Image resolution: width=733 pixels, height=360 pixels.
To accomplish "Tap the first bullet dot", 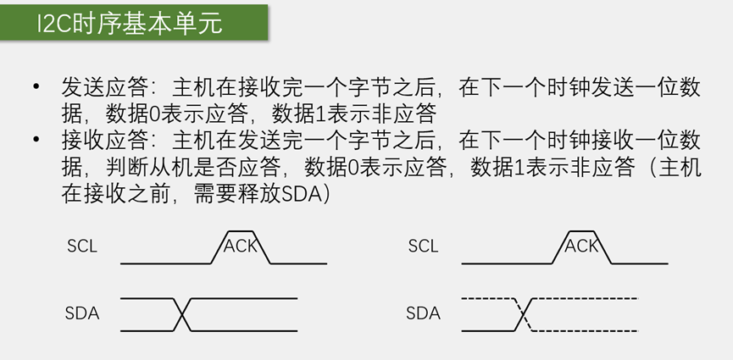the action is [x=36, y=88].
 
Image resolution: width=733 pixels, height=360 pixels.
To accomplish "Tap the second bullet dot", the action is [x=36, y=141].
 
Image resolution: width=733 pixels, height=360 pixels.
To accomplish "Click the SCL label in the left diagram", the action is [x=82, y=246].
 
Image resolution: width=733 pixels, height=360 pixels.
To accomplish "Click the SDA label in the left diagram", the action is [x=82, y=313].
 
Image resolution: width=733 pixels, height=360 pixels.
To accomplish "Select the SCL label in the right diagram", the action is [x=423, y=246].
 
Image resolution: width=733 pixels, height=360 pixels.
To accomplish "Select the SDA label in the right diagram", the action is [x=423, y=313].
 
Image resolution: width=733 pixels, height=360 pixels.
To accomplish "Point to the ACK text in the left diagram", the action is [x=240, y=246].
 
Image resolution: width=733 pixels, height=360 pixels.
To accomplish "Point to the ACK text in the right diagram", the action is [x=581, y=246].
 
